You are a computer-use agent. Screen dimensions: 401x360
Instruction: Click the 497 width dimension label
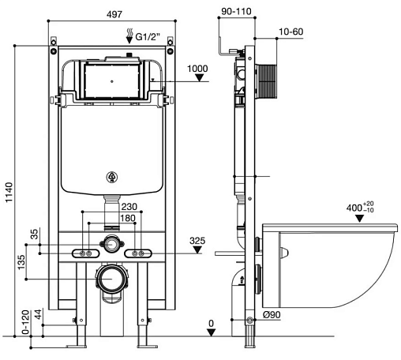(x=114, y=14)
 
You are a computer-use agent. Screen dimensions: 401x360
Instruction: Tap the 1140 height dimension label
(x=9, y=193)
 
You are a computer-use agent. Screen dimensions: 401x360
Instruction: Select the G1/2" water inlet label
(x=148, y=36)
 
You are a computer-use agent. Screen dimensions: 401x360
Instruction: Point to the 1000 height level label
(x=197, y=69)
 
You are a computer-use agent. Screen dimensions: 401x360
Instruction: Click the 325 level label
(x=197, y=241)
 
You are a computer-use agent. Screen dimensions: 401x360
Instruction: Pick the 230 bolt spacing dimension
(x=129, y=207)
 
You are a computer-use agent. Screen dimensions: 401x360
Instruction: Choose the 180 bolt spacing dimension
(x=128, y=218)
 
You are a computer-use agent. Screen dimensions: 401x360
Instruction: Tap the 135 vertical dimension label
(x=21, y=262)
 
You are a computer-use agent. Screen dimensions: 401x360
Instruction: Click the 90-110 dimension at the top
(x=236, y=11)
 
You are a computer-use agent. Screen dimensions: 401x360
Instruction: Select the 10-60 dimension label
(x=290, y=32)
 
